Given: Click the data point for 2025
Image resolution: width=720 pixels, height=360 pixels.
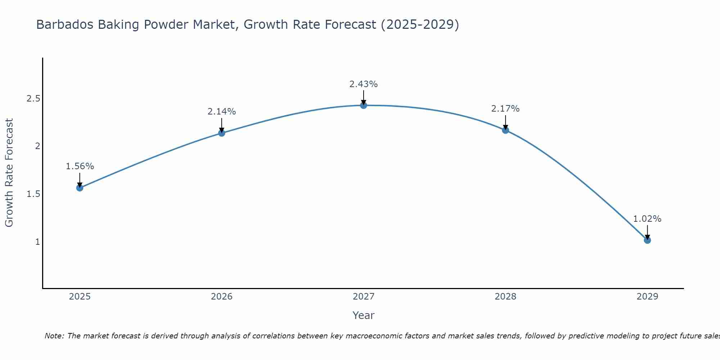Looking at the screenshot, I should coord(80,188).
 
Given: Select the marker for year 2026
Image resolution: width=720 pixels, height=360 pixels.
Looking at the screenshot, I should coord(221,133).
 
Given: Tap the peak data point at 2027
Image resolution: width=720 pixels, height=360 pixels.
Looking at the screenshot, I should coord(363,105).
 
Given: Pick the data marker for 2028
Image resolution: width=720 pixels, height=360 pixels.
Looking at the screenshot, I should coord(505,130).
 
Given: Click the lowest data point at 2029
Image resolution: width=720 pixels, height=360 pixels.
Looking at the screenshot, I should coord(647,240).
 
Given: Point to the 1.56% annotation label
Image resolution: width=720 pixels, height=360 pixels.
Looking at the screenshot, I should coord(80,166).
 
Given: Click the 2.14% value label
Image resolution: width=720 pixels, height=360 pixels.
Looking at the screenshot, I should coord(221,112).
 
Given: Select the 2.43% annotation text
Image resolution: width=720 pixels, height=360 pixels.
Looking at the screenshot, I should coord(363,84).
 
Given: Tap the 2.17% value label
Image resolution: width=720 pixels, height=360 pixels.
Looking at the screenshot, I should coord(505,109).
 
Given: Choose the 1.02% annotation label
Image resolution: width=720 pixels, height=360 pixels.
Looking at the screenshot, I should coord(647,219).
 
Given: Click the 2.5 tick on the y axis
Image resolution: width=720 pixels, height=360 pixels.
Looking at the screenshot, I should coord(33,99).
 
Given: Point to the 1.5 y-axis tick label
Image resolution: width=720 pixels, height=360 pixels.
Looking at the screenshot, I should coord(33,194).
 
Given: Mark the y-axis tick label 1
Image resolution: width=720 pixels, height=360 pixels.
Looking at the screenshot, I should coord(37,242).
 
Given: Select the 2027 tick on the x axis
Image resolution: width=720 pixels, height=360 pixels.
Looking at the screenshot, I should coord(363,297).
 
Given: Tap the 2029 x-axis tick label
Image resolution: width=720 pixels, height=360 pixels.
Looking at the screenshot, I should coord(647,297).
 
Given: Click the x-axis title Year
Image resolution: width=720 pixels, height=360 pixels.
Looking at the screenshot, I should coord(363,315).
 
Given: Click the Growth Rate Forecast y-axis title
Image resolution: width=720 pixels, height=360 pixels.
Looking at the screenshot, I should coord(9,173).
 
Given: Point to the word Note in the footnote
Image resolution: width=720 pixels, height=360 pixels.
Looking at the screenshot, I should coord(54,336).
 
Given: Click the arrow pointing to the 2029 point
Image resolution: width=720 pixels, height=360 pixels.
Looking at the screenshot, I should coord(647,232).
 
